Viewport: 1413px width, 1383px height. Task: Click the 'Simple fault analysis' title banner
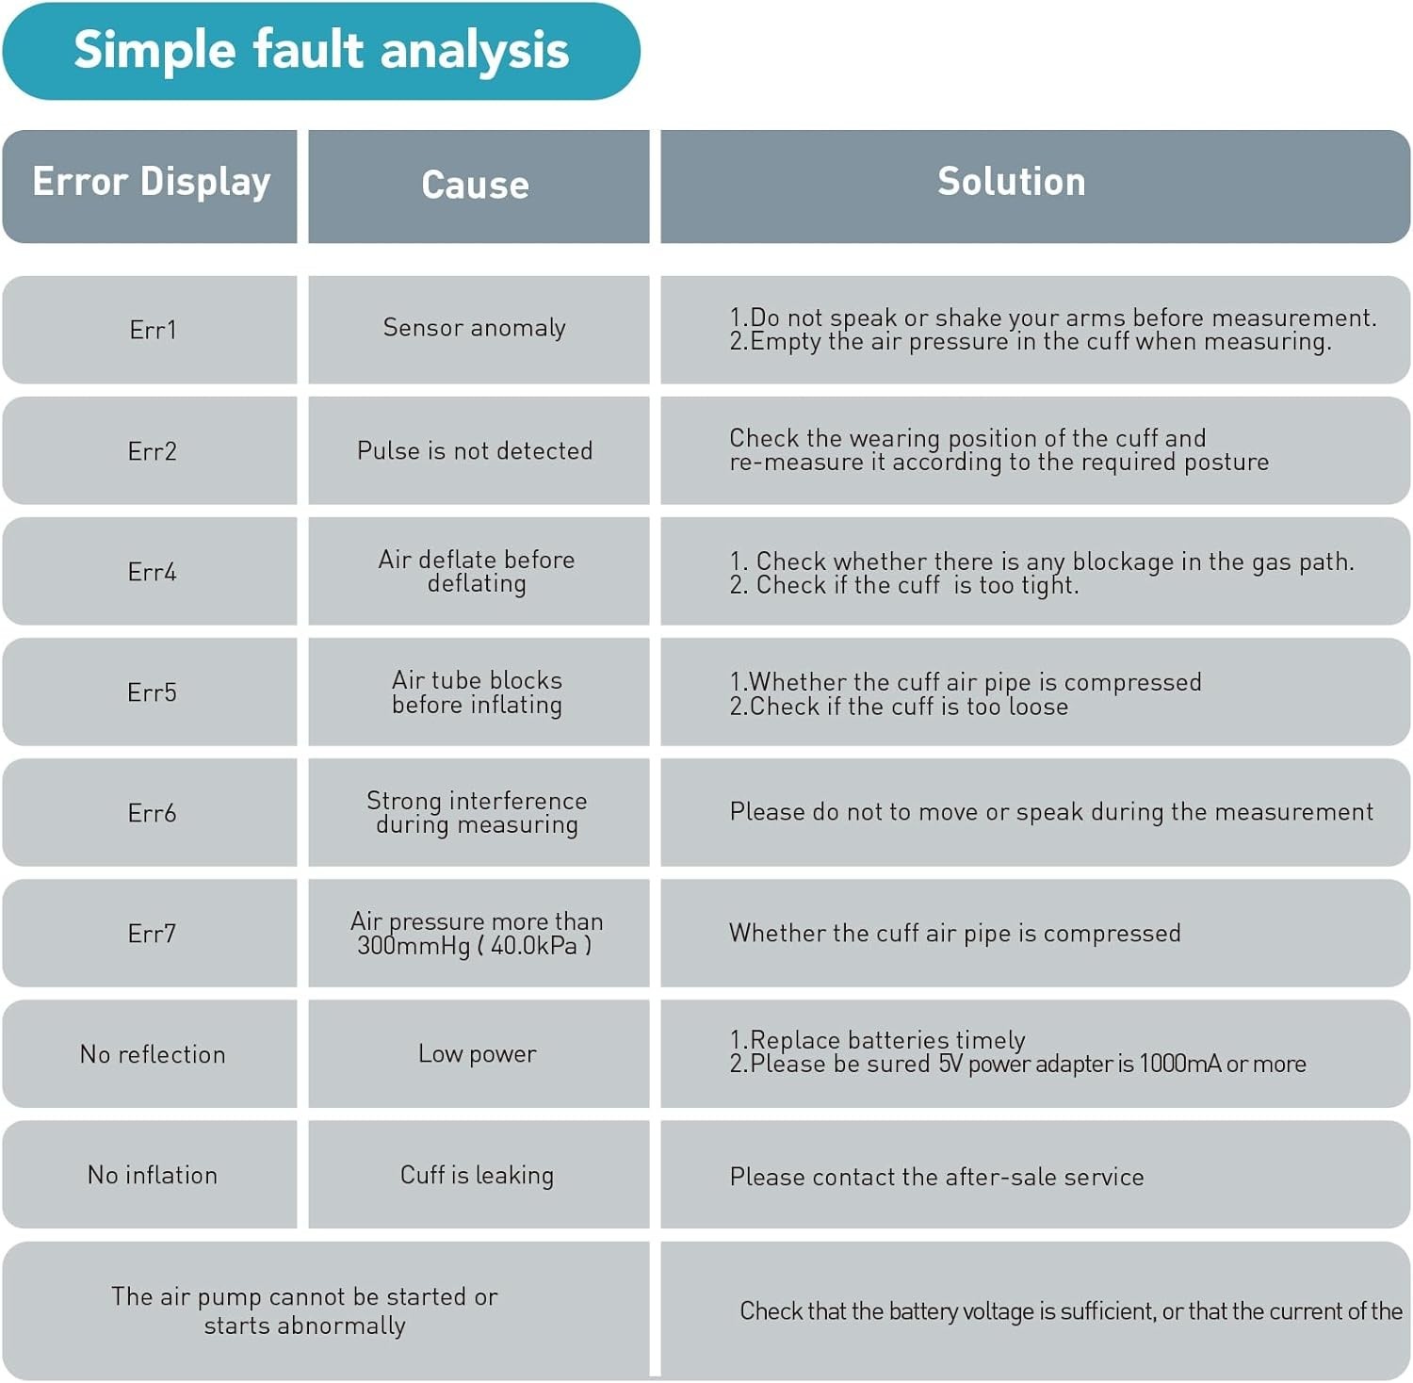pyautogui.click(x=321, y=51)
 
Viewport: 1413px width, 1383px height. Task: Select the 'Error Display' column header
pyautogui.click(x=151, y=186)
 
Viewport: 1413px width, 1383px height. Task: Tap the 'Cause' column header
pyautogui.click(x=479, y=186)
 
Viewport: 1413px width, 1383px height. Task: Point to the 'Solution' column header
pyautogui.click(x=1035, y=186)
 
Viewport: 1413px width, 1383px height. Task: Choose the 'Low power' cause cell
pyautogui.click(x=479, y=1053)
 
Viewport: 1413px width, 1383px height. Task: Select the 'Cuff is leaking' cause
pyautogui.click(x=479, y=1174)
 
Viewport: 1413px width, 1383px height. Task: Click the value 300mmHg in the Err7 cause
pyautogui.click(x=414, y=946)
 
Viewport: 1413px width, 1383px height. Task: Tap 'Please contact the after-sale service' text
pyautogui.click(x=936, y=1177)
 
